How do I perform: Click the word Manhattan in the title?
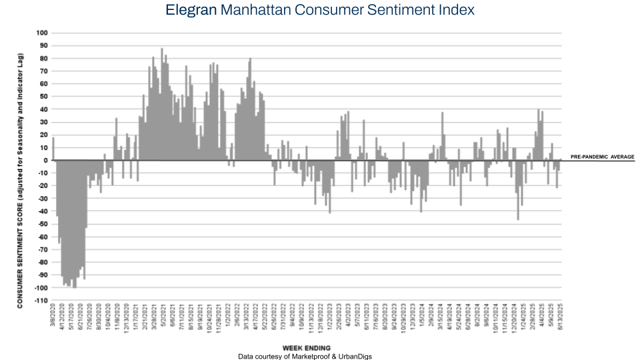(260, 11)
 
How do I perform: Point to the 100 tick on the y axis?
(43, 33)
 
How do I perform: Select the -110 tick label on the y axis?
(41, 301)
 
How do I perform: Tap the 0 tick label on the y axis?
(46, 160)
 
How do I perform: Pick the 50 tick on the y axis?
(44, 97)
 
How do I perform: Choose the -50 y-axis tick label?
(43, 224)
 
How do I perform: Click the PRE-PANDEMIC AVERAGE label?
(602, 157)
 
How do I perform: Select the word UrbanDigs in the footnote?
(356, 357)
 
